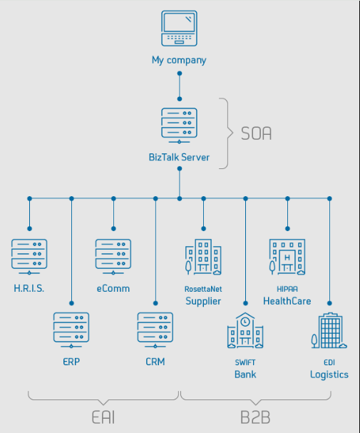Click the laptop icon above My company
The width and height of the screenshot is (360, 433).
180,28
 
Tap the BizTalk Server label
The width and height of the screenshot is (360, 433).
179,157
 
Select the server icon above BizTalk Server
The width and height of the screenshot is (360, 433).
180,126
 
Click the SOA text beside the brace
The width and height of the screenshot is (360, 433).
256,133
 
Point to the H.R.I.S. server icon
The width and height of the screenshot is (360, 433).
29,257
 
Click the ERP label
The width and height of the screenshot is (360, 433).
71,362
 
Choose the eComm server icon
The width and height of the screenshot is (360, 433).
113,257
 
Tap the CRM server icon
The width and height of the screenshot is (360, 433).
155,330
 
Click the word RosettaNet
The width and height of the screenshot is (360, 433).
203,289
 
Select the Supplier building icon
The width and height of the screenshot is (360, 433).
203,257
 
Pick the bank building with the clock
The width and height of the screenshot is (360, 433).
245,330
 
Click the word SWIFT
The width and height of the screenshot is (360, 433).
245,362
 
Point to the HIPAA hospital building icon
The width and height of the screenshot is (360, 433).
287,257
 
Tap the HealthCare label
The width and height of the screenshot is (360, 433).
287,301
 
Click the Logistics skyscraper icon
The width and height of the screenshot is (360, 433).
329,330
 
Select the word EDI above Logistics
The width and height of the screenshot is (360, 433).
329,362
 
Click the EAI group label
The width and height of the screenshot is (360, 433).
103,417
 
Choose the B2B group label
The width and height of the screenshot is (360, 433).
255,417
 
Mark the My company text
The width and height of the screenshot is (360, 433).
179,60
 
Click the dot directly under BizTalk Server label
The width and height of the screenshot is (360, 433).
180,168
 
